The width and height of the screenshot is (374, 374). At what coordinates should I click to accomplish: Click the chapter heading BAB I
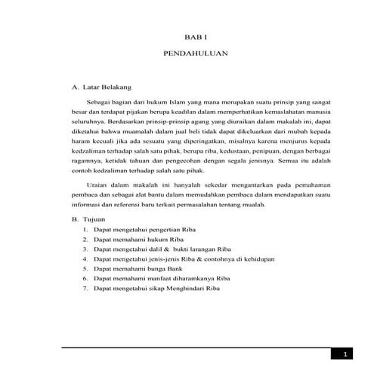pos(196,37)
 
